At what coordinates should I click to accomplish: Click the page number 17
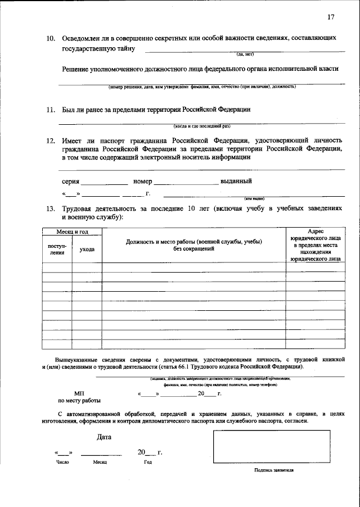pos(330,17)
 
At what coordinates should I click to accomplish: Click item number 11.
pos(50,109)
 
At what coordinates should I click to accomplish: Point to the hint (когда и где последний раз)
pos(202,126)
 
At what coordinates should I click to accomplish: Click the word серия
pos(71,181)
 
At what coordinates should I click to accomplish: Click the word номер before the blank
pos(143,181)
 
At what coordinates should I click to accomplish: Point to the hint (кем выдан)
pos(254,198)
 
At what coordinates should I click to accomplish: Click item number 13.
pos(50,208)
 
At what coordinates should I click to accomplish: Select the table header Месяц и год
pos(72,232)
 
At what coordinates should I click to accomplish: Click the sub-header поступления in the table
pos(57,249)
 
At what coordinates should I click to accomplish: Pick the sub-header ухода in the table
pos(87,249)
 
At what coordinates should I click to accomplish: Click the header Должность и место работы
pos(194,245)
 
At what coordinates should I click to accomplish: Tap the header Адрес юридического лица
pos(315,245)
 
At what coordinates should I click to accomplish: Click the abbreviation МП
pos(79,393)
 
